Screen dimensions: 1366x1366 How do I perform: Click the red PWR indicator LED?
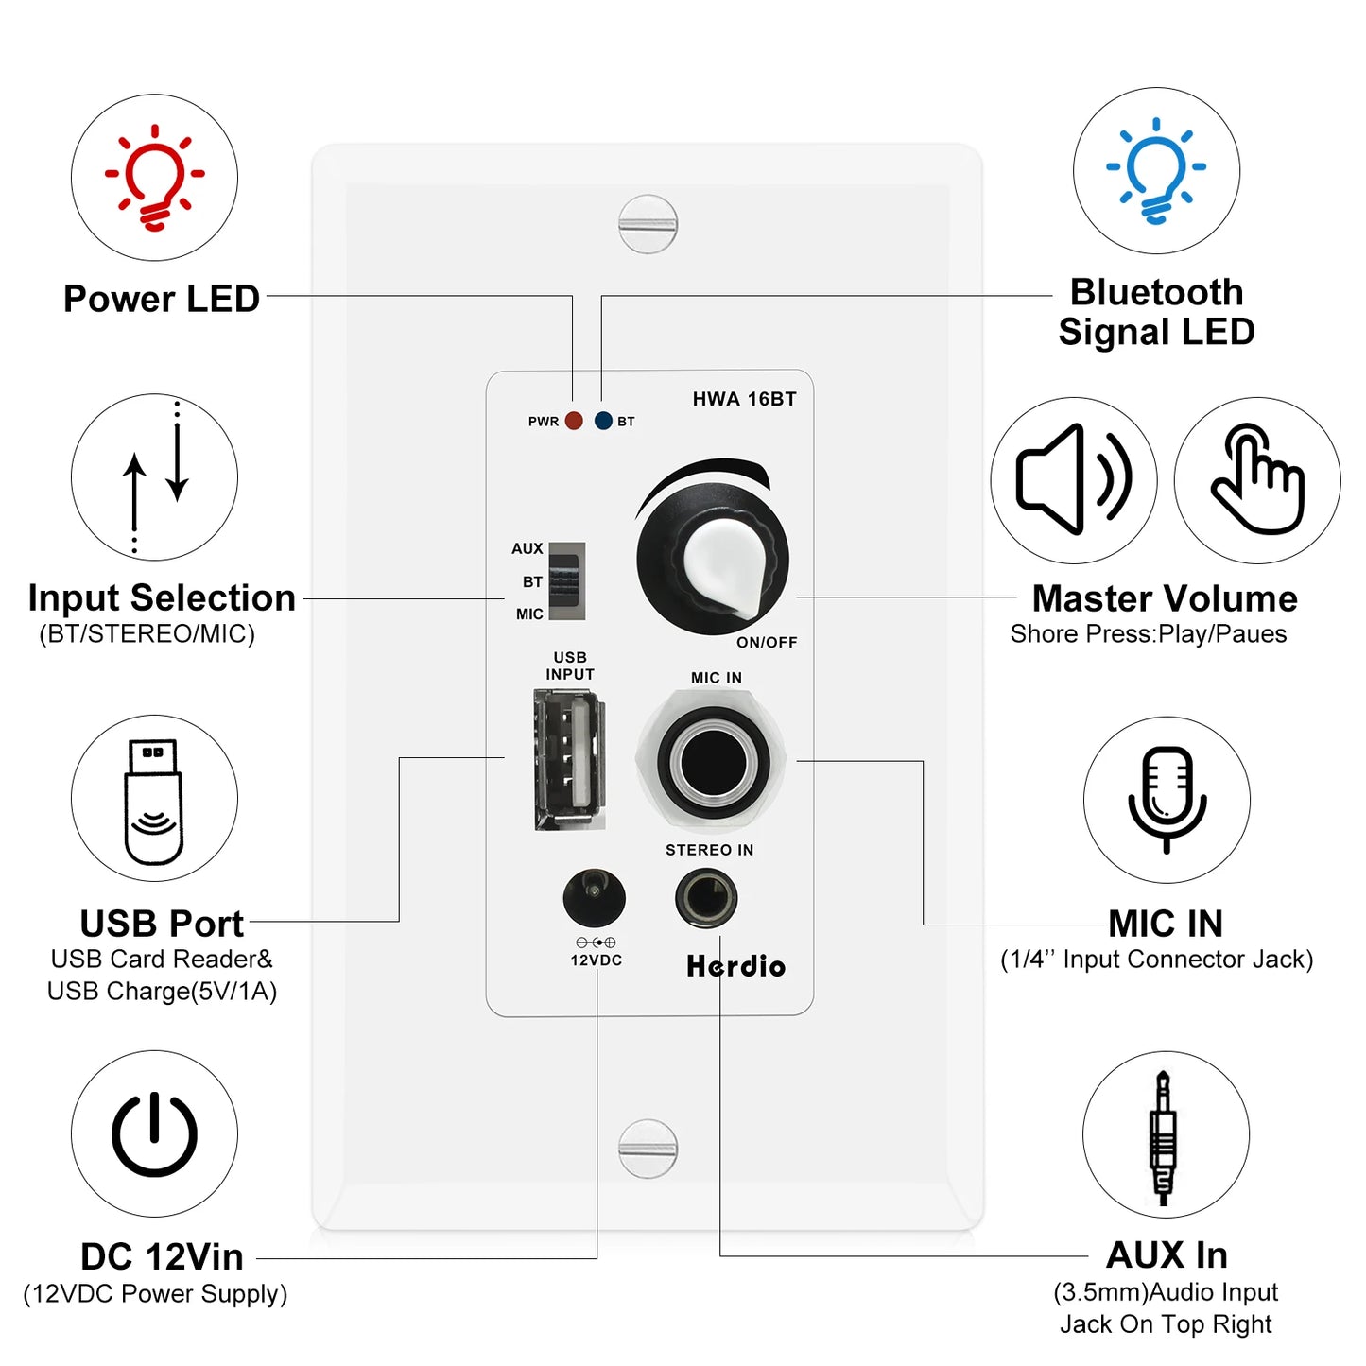click(574, 421)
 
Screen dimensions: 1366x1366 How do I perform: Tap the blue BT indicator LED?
click(603, 421)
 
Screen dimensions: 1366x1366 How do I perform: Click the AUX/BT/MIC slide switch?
click(566, 580)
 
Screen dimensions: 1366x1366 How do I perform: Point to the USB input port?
click(568, 759)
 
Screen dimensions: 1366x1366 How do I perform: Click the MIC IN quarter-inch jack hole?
click(713, 762)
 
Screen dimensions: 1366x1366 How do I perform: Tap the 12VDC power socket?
click(594, 897)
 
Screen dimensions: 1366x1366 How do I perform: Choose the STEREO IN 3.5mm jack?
click(706, 898)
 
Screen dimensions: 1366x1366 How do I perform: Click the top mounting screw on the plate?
click(648, 224)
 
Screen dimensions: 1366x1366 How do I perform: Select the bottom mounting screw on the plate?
click(648, 1148)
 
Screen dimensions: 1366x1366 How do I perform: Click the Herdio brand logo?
click(735, 966)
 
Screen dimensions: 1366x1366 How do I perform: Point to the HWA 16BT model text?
click(744, 399)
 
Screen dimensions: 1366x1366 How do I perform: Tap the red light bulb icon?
click(154, 178)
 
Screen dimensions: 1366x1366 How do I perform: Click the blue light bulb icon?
click(1156, 170)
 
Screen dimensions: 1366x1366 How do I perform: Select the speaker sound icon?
click(1073, 479)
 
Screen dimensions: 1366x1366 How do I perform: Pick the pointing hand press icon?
click(1257, 479)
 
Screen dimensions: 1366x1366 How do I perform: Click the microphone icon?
click(1167, 800)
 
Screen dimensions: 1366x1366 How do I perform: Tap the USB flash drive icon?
click(154, 800)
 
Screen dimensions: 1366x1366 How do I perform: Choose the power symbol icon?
click(154, 1133)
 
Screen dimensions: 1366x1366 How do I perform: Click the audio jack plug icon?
click(1163, 1135)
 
